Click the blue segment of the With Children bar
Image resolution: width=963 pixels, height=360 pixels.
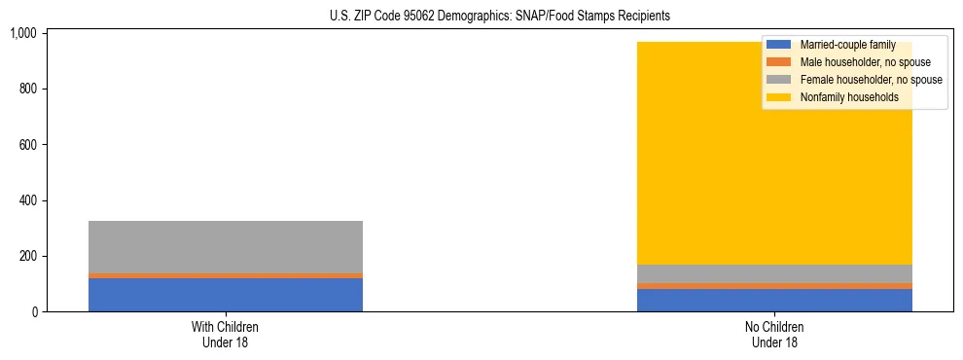coord(226,295)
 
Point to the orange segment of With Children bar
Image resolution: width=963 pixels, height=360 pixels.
coord(226,275)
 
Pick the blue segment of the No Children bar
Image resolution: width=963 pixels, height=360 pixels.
coord(774,301)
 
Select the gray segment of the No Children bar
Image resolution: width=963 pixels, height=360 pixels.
coord(774,273)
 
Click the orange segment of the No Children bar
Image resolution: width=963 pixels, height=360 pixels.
coord(774,286)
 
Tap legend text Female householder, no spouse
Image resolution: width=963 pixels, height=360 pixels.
coord(871,80)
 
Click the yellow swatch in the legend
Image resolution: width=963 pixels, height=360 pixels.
coord(778,97)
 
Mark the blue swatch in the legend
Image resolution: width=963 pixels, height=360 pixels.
coord(778,45)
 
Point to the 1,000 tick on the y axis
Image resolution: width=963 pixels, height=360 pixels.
coord(23,34)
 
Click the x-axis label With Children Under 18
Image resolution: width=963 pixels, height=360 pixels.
coord(226,334)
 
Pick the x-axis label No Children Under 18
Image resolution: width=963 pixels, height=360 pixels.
coord(774,334)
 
